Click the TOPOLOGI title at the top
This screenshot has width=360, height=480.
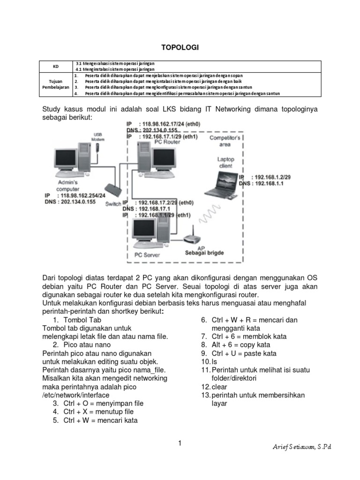click(180, 47)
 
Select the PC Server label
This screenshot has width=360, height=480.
click(147, 255)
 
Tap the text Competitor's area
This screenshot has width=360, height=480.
click(225, 142)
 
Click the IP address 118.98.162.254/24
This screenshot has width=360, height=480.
click(81, 195)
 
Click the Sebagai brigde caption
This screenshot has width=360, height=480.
click(204, 253)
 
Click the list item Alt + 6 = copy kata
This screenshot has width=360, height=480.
click(243, 345)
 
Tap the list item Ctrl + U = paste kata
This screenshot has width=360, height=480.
click(244, 353)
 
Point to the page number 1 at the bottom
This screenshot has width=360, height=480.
click(180, 443)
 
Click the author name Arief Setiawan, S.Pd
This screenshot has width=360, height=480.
click(302, 447)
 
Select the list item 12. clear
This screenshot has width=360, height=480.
click(214, 387)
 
